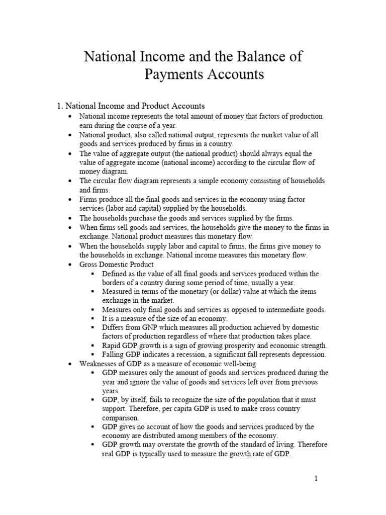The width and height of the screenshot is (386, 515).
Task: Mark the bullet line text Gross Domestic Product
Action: [117, 265]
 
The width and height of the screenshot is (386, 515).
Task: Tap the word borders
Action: [114, 283]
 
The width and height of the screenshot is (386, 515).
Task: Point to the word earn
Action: [86, 125]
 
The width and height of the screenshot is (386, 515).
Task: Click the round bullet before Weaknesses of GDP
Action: [70, 364]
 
